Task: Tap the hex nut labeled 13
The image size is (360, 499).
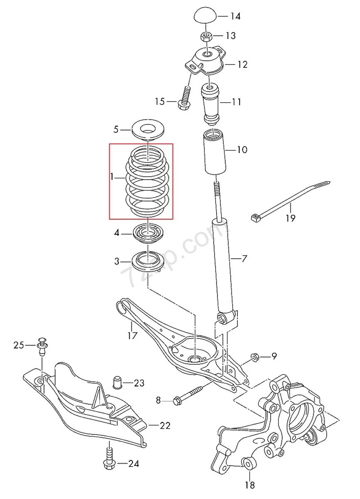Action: (206, 36)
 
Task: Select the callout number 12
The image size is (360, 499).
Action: (242, 64)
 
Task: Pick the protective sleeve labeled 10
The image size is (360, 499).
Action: (214, 153)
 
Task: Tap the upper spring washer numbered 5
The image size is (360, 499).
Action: (148, 130)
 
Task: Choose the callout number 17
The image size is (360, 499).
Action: (132, 336)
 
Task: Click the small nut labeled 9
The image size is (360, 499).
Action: (255, 357)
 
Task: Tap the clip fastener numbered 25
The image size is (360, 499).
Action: (42, 347)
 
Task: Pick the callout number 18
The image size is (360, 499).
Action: (250, 484)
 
